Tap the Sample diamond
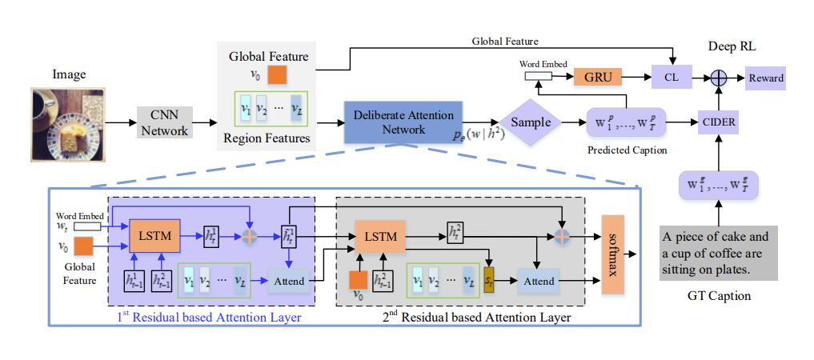[531, 122]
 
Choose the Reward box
[766, 78]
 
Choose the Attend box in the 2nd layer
[538, 282]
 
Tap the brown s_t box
[490, 282]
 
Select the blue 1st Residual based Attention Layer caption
[210, 318]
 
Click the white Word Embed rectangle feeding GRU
[538, 77]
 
